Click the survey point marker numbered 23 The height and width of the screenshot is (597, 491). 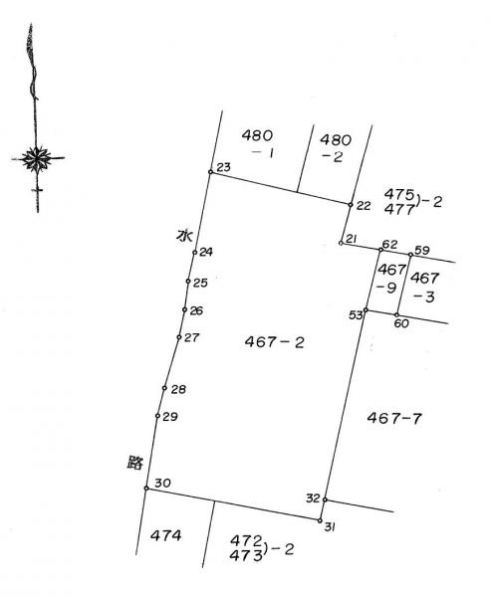(x=210, y=172)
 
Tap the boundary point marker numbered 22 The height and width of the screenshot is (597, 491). (x=351, y=205)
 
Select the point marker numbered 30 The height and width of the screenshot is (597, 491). (x=146, y=489)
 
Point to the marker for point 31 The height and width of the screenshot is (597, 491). (x=320, y=520)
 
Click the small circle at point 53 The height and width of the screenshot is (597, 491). (x=366, y=310)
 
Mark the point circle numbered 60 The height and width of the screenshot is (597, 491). (x=396, y=314)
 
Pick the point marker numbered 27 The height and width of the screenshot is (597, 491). (x=179, y=337)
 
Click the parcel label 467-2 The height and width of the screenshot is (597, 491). (x=275, y=342)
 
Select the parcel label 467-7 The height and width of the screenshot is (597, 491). (x=394, y=418)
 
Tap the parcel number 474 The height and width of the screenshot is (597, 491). (x=166, y=535)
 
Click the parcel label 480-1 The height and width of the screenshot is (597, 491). (x=258, y=143)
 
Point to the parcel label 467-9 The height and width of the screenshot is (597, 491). (x=390, y=279)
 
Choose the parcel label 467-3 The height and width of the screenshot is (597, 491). (x=424, y=288)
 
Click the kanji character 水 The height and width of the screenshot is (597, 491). (x=184, y=236)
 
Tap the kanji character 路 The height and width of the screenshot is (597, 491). (x=134, y=463)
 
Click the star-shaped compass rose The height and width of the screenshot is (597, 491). (x=37, y=158)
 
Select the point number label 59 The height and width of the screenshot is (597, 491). (x=422, y=250)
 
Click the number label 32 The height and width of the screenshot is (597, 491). (x=313, y=497)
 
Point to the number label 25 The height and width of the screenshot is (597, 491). (x=200, y=283)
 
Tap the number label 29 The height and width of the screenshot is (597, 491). (x=170, y=417)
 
